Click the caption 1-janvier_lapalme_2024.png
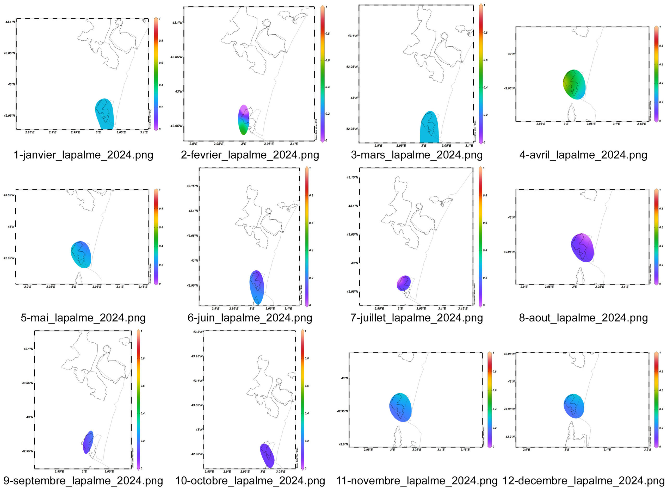click(83, 155)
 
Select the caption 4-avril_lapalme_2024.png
click(583, 155)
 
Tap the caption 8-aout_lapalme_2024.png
click(583, 318)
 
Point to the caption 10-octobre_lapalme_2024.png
click(250, 480)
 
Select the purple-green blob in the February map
click(243, 120)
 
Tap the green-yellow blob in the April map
click(574, 84)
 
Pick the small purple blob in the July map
click(404, 283)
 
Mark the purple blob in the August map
click(582, 247)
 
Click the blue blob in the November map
click(400, 407)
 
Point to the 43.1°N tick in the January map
click(10, 22)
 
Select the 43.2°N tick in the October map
click(197, 332)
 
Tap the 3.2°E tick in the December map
click(647, 450)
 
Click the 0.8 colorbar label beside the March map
click(485, 33)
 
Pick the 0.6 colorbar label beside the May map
click(161, 227)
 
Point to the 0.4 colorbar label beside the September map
click(143, 413)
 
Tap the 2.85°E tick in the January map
click(30, 132)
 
